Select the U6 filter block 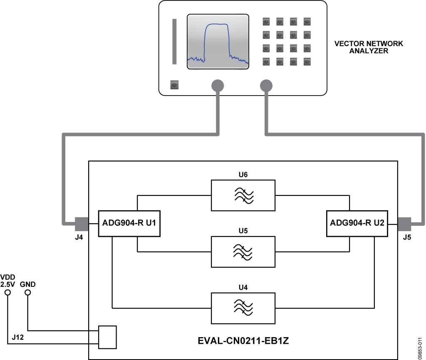point(243,195)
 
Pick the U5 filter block point(243,252)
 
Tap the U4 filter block point(243,308)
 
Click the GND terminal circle point(27,293)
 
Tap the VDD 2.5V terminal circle point(7,293)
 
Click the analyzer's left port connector point(218,86)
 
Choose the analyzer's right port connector point(266,86)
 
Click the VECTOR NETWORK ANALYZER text point(369,47)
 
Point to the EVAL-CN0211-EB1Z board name point(243,342)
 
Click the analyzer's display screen point(218,42)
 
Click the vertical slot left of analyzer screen point(175,41)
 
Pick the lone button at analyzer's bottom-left point(175,85)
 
